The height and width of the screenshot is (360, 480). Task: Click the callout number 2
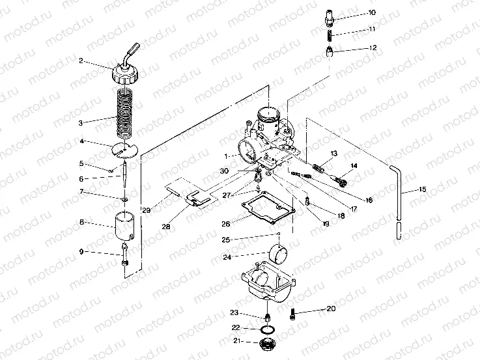81,61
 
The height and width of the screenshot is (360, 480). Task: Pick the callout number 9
81,251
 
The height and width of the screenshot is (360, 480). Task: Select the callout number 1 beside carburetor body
226,156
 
